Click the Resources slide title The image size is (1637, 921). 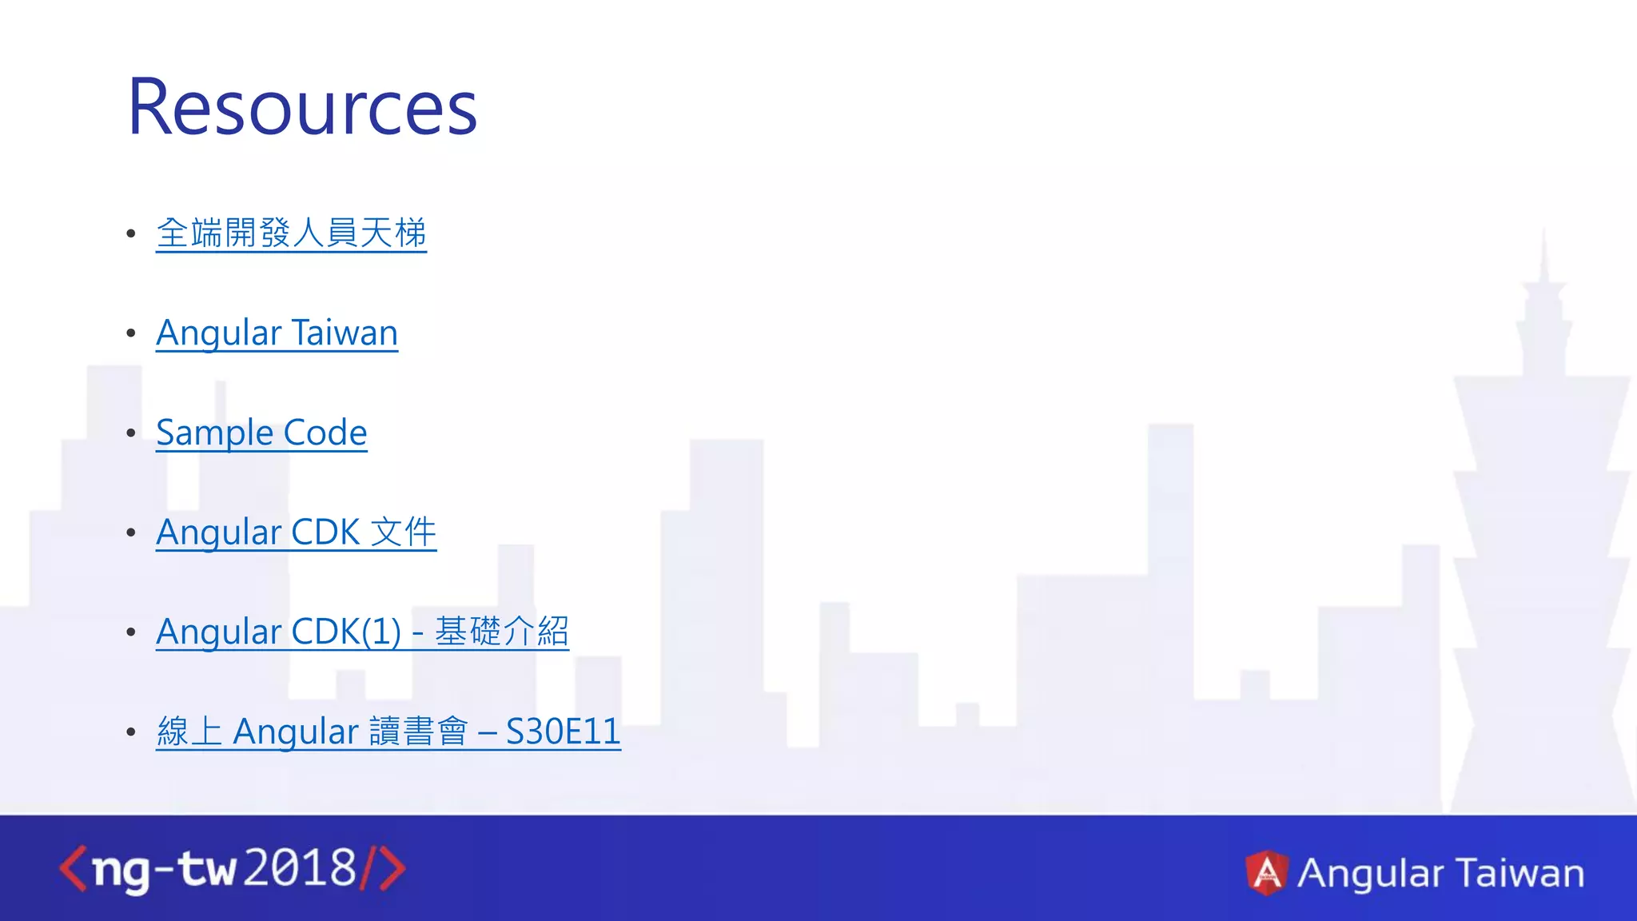(302, 107)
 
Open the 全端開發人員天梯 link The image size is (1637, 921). (291, 233)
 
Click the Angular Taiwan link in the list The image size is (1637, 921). (277, 333)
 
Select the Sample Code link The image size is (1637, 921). (261, 433)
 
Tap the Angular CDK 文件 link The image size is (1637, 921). (296, 532)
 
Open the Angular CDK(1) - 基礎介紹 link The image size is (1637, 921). (362, 632)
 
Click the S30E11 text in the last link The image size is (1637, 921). (563, 732)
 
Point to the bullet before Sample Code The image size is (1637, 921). (131, 433)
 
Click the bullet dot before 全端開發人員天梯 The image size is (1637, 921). (131, 233)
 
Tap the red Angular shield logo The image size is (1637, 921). (1267, 872)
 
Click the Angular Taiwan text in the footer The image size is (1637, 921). (1440, 872)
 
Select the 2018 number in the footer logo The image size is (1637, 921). (300, 868)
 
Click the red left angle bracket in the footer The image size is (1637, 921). (73, 869)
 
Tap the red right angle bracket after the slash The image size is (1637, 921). (392, 869)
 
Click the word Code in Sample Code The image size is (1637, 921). (325, 433)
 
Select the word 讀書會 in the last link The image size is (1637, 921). (418, 732)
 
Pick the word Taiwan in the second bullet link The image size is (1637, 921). (345, 333)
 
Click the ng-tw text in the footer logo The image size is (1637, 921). (164, 870)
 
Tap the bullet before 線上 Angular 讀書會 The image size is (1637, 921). (131, 732)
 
